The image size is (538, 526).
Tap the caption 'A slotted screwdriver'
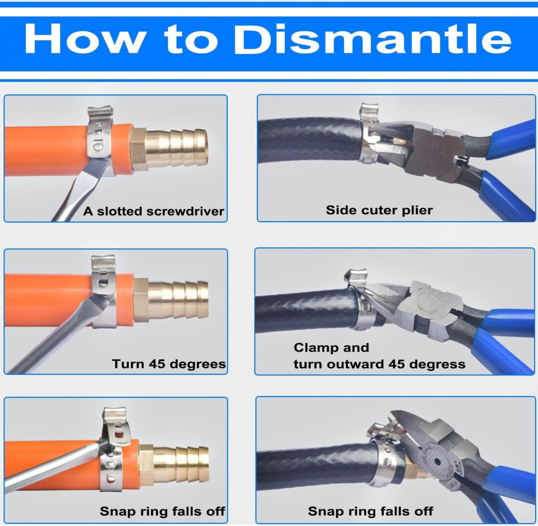153,211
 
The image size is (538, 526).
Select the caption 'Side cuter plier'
379,210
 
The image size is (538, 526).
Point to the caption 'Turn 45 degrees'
169,364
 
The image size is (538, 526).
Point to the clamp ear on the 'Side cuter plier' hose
370,110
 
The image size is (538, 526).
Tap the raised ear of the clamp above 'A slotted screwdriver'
101,114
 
